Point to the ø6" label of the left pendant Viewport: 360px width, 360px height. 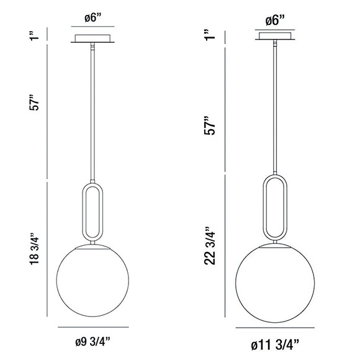(92, 19)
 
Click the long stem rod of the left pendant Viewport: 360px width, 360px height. (92, 112)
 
